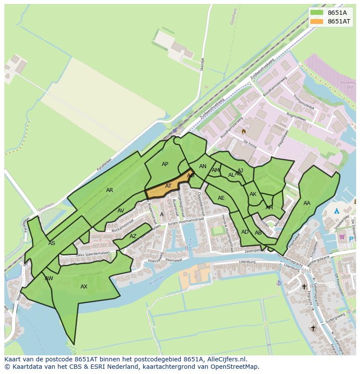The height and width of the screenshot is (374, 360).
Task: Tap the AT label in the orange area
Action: click(168, 186)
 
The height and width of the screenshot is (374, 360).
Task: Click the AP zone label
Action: click(165, 164)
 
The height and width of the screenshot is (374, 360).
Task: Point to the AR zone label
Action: click(110, 190)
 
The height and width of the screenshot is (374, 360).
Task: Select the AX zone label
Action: click(84, 287)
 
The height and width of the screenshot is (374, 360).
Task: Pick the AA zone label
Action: click(307, 203)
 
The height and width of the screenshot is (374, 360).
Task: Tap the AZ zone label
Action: click(133, 237)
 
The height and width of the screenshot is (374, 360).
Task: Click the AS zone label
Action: click(52, 243)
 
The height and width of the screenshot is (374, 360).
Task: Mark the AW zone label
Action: click(49, 278)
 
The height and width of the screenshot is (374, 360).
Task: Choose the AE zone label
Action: click(221, 198)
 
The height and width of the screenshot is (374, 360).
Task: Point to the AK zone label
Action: click(253, 194)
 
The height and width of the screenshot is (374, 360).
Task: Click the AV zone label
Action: click(121, 211)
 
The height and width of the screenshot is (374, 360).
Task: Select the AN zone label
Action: click(203, 166)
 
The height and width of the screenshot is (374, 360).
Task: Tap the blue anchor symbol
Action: click(279, 283)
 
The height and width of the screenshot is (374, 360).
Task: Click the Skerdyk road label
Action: click(202, 64)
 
